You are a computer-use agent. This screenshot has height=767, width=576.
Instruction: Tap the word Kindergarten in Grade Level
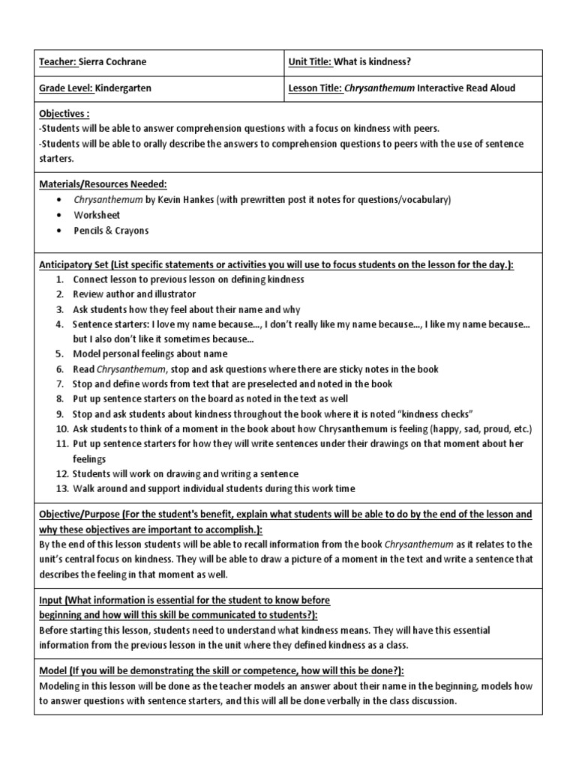123,88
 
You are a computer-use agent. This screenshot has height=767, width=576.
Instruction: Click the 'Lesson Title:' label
316,88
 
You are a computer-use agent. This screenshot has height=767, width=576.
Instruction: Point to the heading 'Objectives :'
65,113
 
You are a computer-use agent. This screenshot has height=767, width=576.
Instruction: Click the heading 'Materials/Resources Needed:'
103,184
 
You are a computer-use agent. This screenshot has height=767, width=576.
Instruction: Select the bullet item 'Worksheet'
96,215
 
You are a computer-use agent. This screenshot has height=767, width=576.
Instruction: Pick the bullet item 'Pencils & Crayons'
111,231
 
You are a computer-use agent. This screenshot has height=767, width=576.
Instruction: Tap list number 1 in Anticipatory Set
59,279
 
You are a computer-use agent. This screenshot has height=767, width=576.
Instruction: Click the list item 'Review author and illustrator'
134,294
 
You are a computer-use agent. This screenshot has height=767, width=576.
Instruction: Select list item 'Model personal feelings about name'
150,354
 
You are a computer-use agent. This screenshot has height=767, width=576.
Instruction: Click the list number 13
59,488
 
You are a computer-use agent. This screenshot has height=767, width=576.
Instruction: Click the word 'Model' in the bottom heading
54,670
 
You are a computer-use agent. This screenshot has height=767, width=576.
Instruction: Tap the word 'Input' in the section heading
52,601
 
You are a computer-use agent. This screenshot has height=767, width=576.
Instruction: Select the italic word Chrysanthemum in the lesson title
379,88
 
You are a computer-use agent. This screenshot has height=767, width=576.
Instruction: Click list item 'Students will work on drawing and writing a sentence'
185,473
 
